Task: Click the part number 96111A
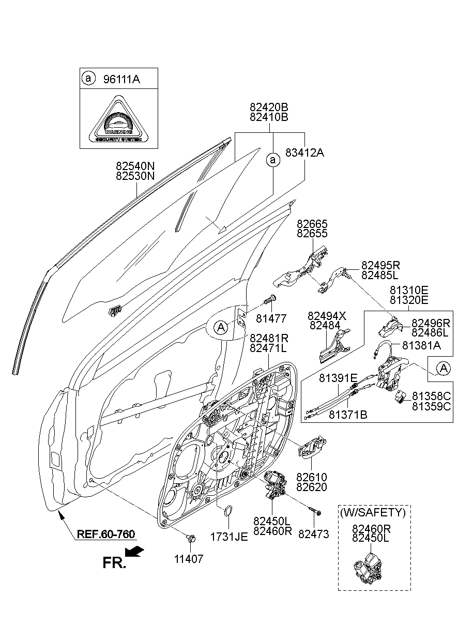click(121, 79)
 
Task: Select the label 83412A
click(305, 152)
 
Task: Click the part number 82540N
click(135, 166)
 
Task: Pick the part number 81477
click(272, 318)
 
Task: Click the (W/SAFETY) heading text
click(372, 513)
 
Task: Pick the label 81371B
click(348, 414)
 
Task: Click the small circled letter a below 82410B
click(273, 161)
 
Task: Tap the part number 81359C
click(432, 406)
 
